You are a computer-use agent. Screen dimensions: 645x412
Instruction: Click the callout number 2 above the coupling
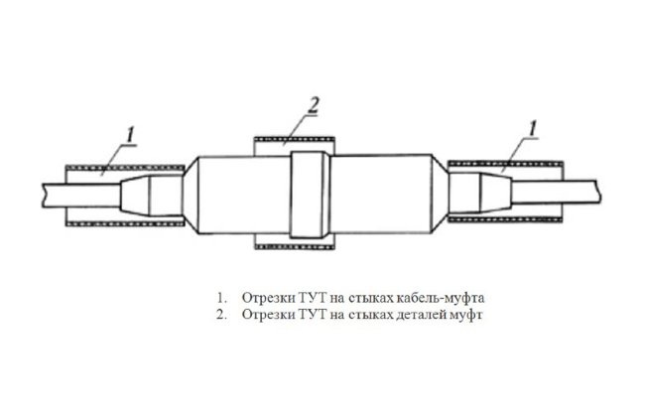click(313, 105)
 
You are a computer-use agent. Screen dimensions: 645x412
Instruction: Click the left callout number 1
click(130, 135)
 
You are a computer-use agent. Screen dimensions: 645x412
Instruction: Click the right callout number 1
click(532, 128)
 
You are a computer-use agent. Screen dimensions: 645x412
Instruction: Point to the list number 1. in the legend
click(221, 297)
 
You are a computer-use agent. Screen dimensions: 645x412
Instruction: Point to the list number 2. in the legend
click(221, 315)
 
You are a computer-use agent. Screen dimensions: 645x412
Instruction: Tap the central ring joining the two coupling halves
click(311, 195)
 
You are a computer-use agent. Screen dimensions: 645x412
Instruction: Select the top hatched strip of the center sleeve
click(295, 139)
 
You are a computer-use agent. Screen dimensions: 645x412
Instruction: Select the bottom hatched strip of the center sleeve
click(295, 247)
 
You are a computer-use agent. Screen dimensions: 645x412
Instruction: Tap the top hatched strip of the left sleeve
click(125, 168)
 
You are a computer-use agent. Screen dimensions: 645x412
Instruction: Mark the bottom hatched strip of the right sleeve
click(505, 219)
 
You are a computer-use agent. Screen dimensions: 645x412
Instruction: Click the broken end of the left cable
click(44, 196)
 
